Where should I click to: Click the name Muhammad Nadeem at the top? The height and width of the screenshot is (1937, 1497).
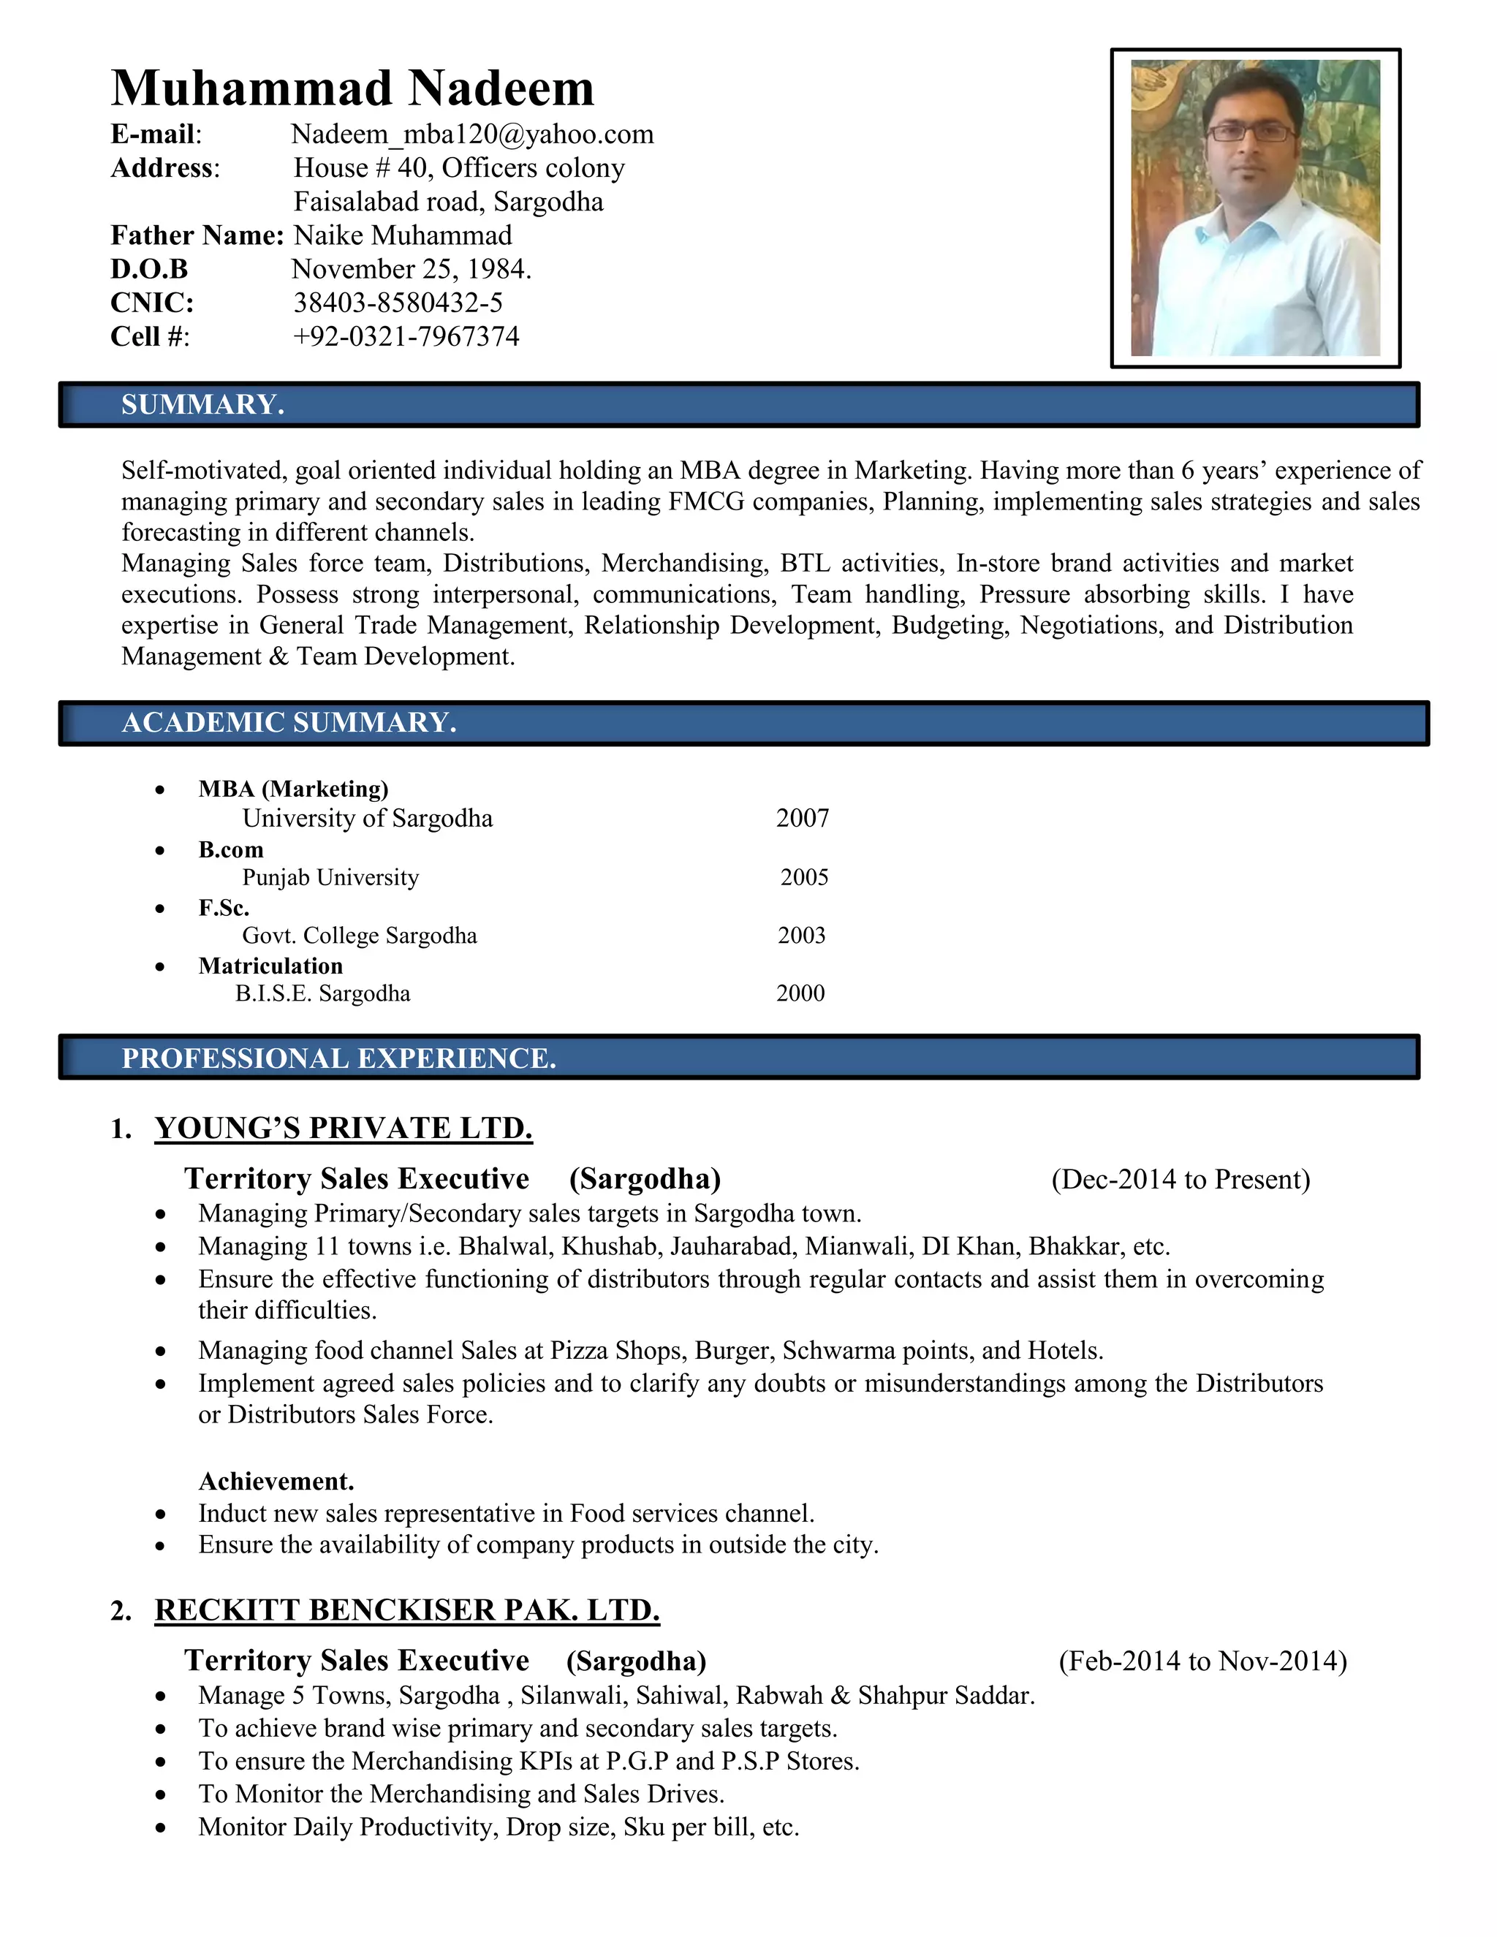(x=352, y=88)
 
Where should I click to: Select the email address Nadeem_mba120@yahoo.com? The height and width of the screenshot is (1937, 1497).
(x=471, y=134)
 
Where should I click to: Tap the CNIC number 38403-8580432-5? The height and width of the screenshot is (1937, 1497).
(x=398, y=303)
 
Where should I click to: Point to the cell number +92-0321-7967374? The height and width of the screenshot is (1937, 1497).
(x=406, y=336)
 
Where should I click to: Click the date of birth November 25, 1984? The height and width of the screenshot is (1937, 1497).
(x=412, y=269)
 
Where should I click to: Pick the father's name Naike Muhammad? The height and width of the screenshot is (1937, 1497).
(x=403, y=235)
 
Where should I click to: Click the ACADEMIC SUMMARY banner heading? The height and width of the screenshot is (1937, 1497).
(x=289, y=723)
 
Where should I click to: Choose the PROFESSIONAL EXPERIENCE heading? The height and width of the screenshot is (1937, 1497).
(x=338, y=1058)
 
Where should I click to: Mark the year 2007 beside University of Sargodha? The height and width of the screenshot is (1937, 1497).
(x=803, y=818)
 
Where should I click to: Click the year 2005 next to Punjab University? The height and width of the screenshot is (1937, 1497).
(x=804, y=877)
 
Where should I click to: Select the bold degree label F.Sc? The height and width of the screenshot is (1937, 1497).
(x=224, y=907)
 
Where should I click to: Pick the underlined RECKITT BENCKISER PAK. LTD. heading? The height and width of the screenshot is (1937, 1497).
(x=407, y=1610)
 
